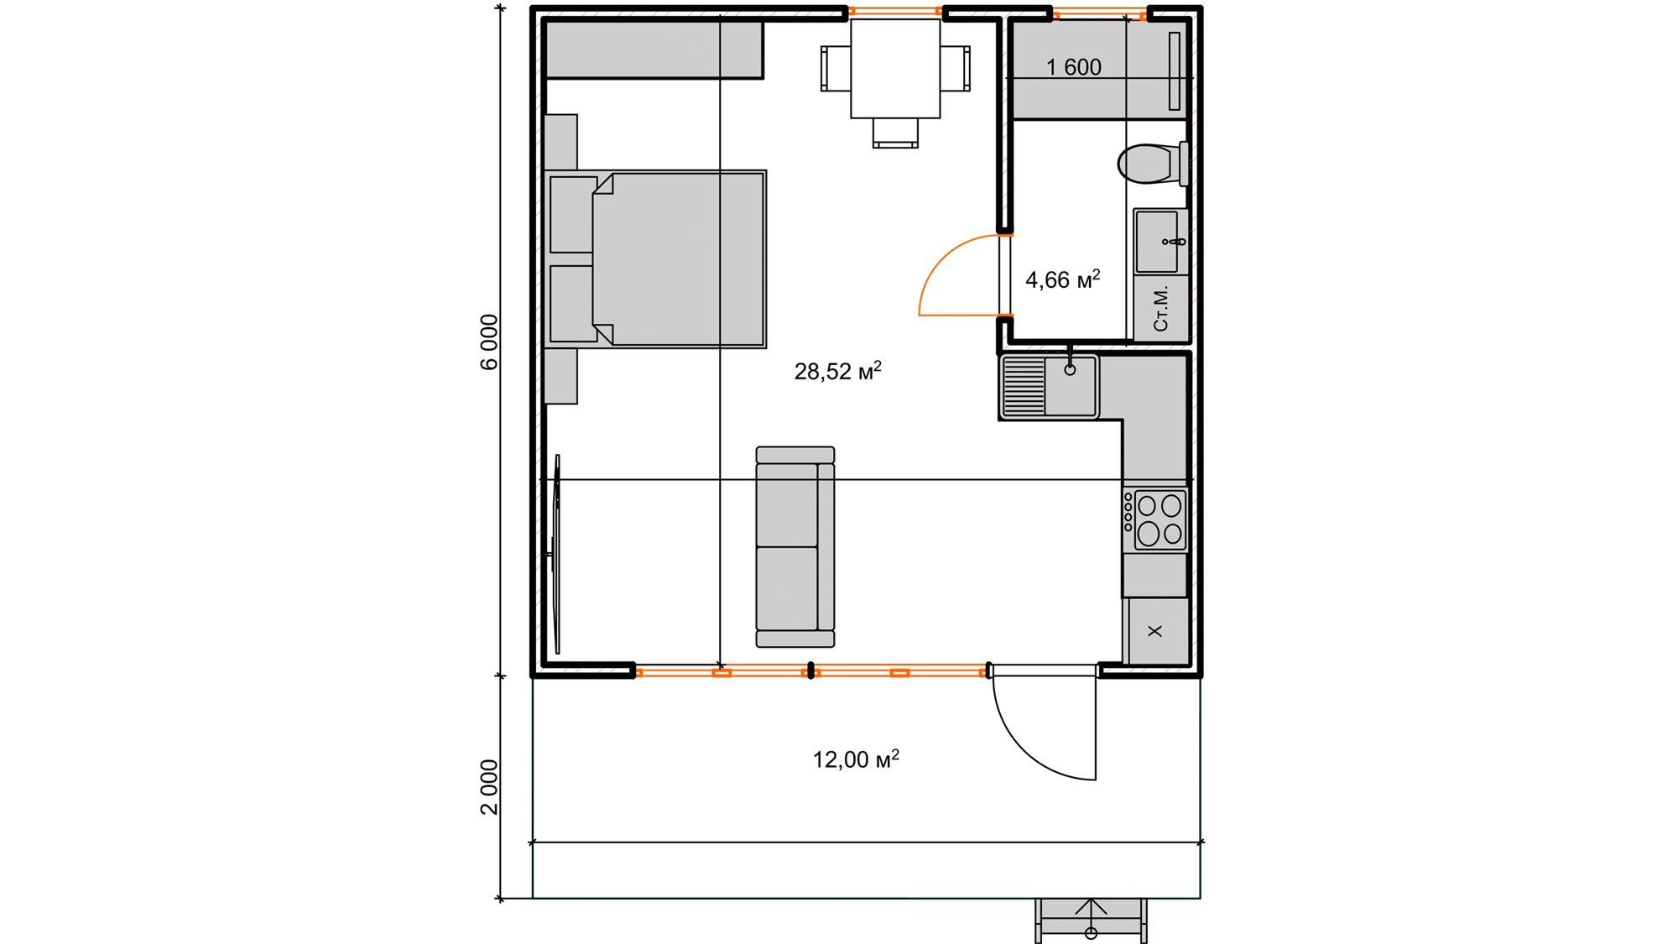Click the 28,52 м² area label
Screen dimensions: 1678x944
(837, 370)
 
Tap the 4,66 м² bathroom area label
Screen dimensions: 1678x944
(1062, 279)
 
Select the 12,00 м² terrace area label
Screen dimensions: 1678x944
(856, 759)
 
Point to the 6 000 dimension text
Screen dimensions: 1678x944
(489, 342)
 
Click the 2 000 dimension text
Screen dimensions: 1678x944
(489, 787)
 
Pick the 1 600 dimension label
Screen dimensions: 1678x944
(1074, 67)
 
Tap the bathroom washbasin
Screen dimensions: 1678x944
(1161, 242)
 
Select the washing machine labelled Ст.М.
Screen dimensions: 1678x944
(1161, 308)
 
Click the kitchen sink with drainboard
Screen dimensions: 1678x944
(1049, 387)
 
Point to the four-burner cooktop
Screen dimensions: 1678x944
(1155, 519)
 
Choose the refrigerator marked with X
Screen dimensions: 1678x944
(1156, 631)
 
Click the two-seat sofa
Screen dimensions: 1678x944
(795, 547)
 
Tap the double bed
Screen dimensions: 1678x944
(655, 259)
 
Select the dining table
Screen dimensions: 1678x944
(895, 68)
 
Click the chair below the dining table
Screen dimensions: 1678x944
(895, 133)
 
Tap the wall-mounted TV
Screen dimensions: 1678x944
(556, 554)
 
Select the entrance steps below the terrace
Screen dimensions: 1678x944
(1091, 921)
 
